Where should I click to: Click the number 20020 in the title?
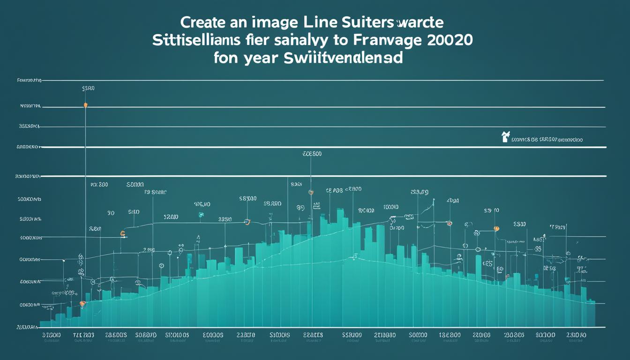[x=449, y=40]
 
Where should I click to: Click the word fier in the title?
[x=256, y=40]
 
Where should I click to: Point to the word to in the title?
[x=333, y=40]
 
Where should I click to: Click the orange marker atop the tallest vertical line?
[x=85, y=105]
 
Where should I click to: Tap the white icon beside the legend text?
[x=505, y=137]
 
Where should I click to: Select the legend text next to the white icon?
[x=547, y=140]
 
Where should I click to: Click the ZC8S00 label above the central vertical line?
[x=312, y=154]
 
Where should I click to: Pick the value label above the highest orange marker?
[x=88, y=88]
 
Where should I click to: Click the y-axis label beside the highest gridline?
[x=29, y=81]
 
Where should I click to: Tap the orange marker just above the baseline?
[x=83, y=304]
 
